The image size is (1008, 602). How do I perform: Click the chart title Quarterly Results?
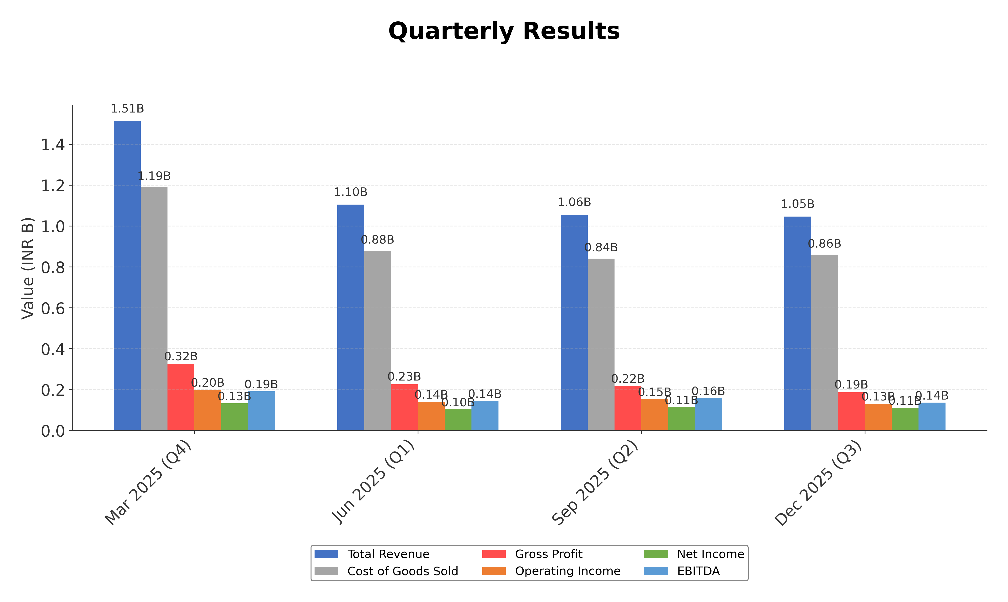point(504,31)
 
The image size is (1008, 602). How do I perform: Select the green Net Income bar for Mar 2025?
point(234,417)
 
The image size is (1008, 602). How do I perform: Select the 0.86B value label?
point(824,244)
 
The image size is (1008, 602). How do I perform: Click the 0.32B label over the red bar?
point(181,357)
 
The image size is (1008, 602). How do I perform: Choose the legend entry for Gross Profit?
point(549,554)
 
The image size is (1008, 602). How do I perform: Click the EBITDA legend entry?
point(698,571)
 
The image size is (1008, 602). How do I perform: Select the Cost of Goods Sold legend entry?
point(402,571)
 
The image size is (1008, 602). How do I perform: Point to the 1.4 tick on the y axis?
point(53,145)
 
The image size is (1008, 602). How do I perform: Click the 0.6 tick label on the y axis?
point(53,308)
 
